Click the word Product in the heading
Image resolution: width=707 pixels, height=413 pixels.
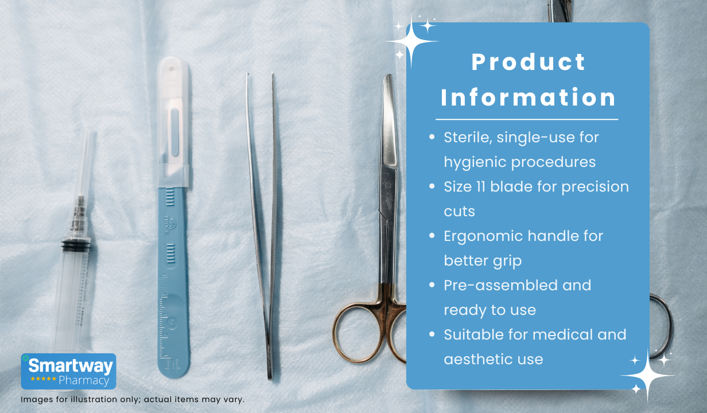pyautogui.click(x=529, y=62)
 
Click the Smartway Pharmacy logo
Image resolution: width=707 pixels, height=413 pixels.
pyautogui.click(x=68, y=371)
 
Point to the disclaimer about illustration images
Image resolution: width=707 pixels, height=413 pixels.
pyautogui.click(x=133, y=399)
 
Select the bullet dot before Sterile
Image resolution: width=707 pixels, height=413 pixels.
pyautogui.click(x=432, y=137)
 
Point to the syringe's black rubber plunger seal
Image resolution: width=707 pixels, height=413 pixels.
pyautogui.click(x=76, y=246)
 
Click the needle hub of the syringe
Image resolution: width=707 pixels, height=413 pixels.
pyautogui.click(x=78, y=215)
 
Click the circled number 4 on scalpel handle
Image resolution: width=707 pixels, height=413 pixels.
pyautogui.click(x=172, y=323)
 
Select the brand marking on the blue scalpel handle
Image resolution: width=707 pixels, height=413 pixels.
pyautogui.click(x=170, y=224)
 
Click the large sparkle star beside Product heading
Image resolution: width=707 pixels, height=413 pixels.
pyautogui.click(x=411, y=41)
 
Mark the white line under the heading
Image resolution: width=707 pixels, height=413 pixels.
pyautogui.click(x=527, y=119)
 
